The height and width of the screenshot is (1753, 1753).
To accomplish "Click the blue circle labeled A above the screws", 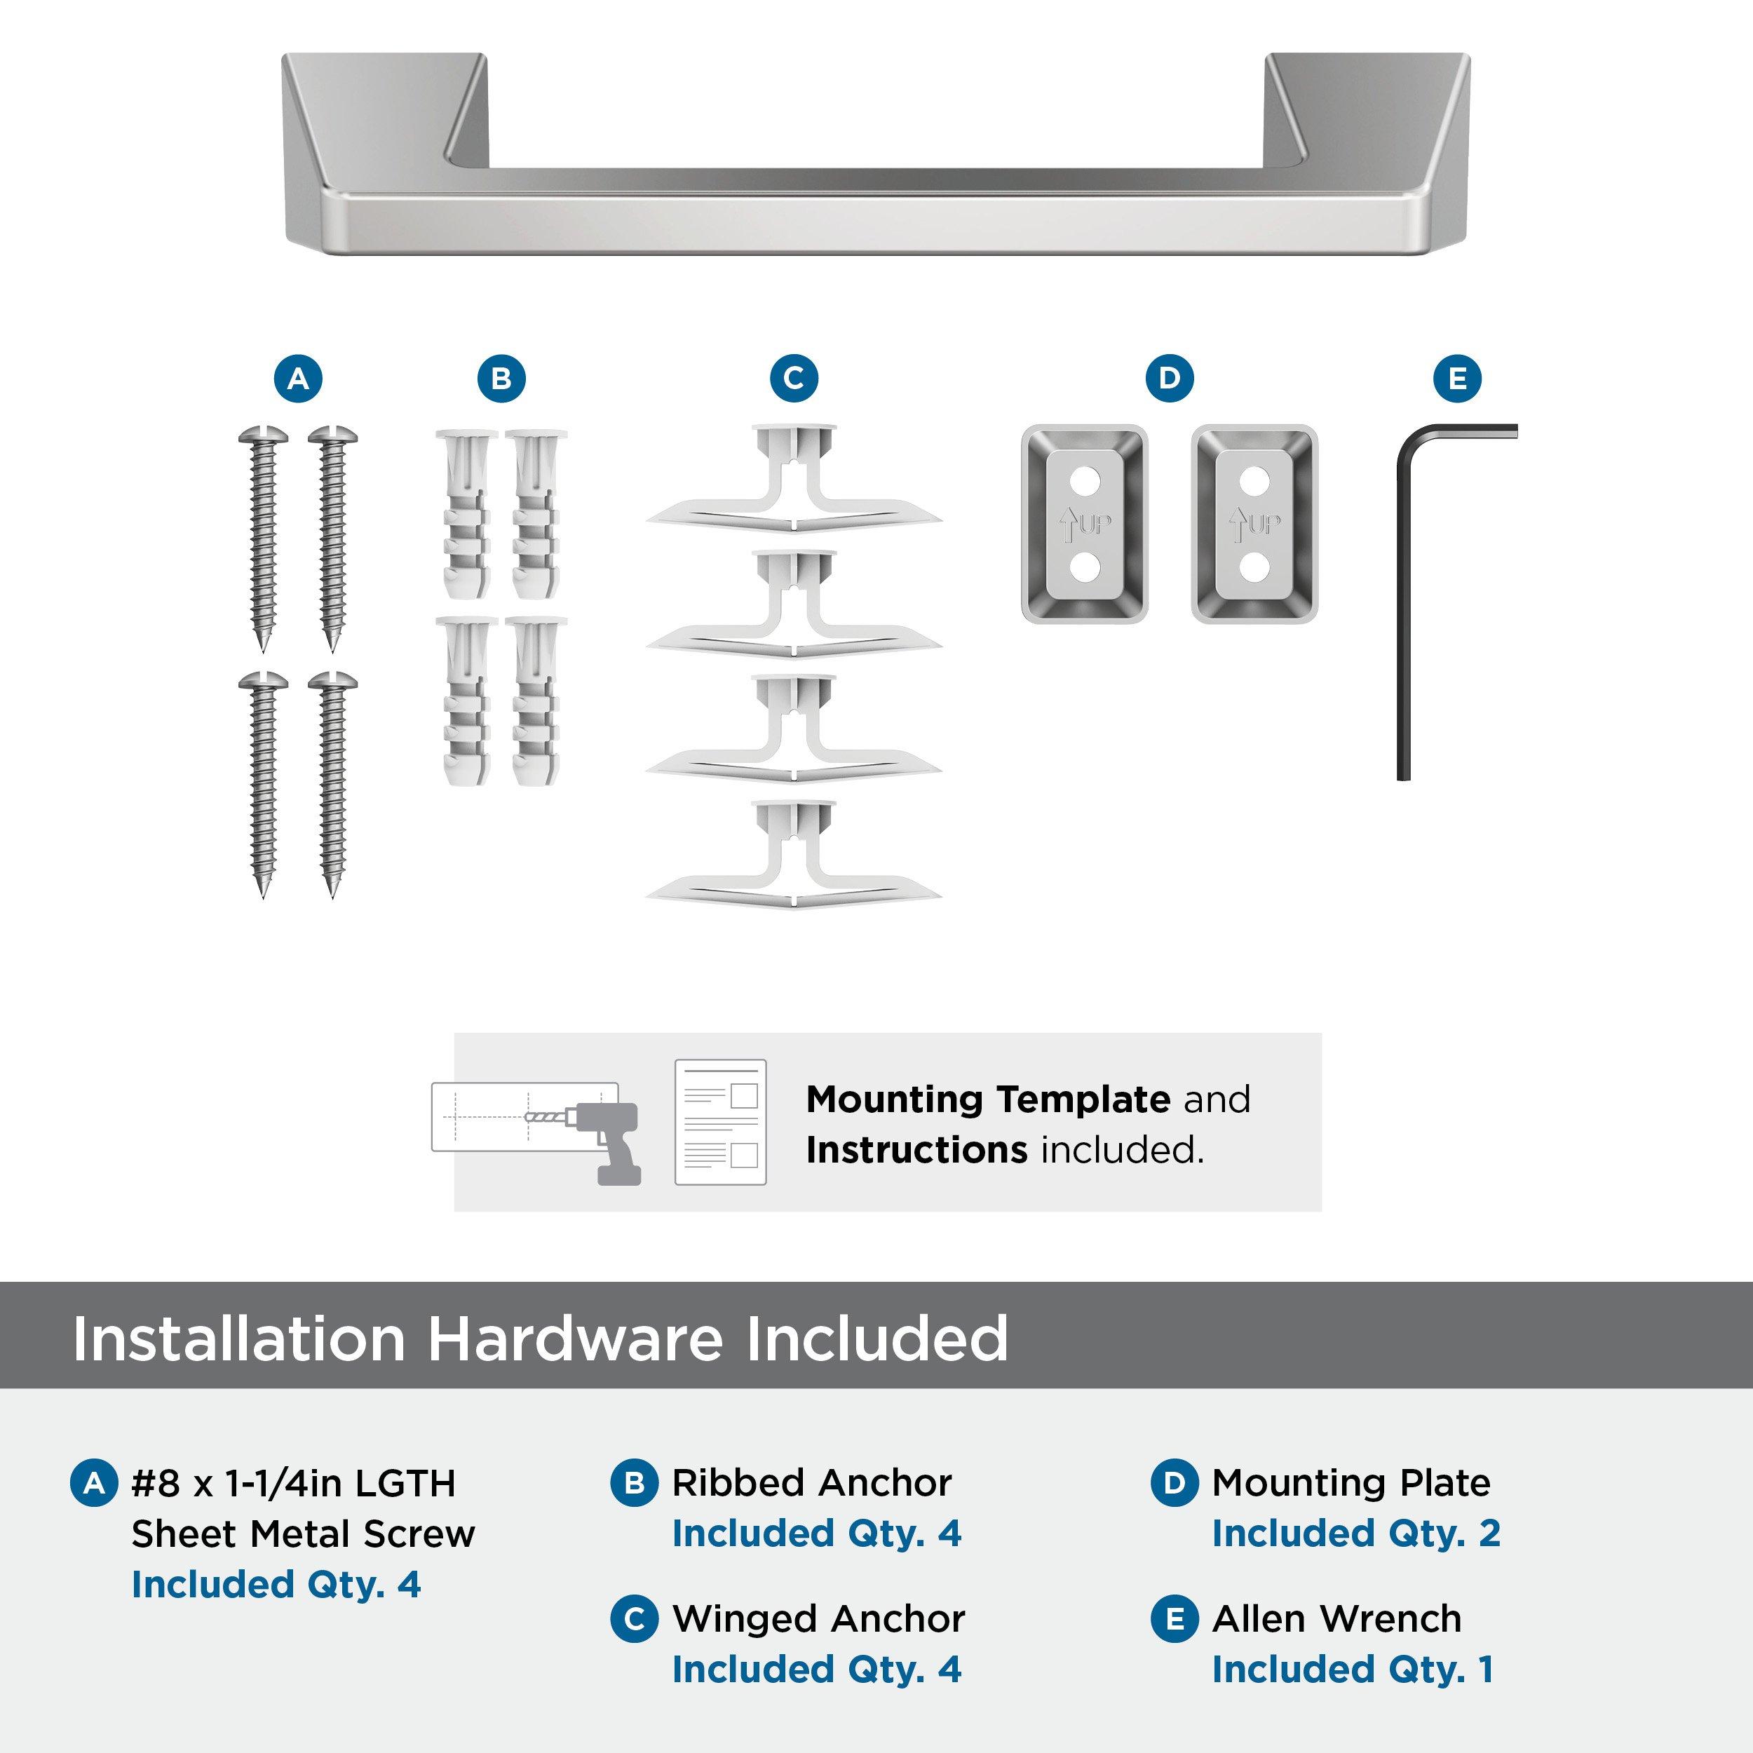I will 299,379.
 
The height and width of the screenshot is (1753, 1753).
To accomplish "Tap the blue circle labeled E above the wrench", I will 1457,379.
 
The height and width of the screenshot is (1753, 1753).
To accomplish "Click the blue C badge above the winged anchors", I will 794,379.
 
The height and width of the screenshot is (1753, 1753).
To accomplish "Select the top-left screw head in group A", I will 263,436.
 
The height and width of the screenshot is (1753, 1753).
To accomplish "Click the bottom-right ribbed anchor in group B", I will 535,703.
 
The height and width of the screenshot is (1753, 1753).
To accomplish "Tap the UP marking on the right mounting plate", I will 1264,524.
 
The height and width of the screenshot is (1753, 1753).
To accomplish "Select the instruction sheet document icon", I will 720,1123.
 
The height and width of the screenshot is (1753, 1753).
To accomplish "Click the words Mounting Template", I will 987,1099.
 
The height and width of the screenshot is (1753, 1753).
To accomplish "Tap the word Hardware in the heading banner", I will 574,1339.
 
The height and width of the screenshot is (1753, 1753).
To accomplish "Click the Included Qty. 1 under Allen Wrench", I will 1352,1670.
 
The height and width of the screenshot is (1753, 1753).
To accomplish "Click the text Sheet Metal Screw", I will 303,1534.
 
